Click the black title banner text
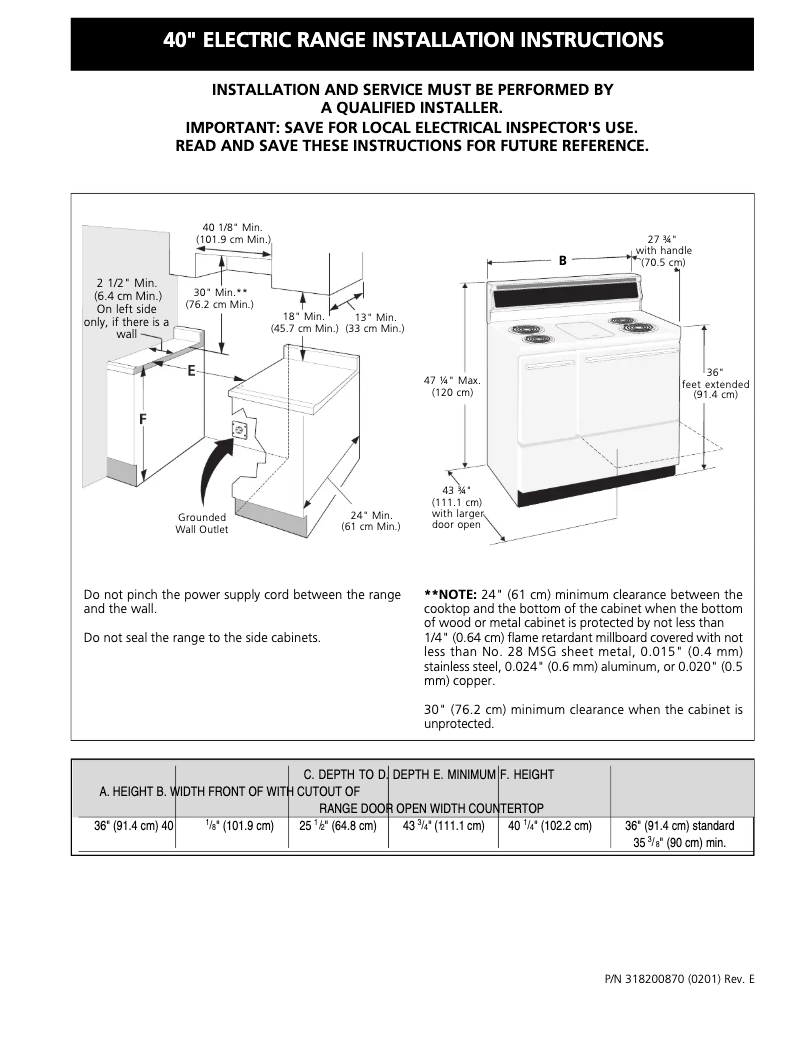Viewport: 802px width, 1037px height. tap(412, 41)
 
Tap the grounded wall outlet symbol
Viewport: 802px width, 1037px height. tap(240, 430)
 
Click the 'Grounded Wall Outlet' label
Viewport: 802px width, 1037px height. tap(202, 523)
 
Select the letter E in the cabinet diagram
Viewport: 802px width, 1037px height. tap(190, 371)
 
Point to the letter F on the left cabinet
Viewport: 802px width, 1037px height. tap(143, 420)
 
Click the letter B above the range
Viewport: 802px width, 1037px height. tap(562, 260)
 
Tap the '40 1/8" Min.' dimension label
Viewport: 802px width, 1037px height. tap(232, 234)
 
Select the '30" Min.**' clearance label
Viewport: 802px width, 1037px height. tap(219, 298)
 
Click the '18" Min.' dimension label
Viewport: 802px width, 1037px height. tap(304, 322)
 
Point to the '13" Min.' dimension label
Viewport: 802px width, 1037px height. tap(375, 322)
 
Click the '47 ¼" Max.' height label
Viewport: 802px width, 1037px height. tap(452, 386)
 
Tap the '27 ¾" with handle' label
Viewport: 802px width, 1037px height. tap(663, 250)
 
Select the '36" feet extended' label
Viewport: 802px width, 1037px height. tap(715, 383)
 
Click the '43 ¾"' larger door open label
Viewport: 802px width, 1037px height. tap(456, 507)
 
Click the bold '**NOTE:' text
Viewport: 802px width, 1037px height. tap(450, 594)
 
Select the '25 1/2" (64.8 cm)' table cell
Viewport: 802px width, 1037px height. tap(338, 826)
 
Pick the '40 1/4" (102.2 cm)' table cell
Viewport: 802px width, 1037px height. tap(549, 826)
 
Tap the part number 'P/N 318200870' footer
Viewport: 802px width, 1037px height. tap(679, 978)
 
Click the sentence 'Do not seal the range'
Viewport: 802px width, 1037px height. tap(202, 637)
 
